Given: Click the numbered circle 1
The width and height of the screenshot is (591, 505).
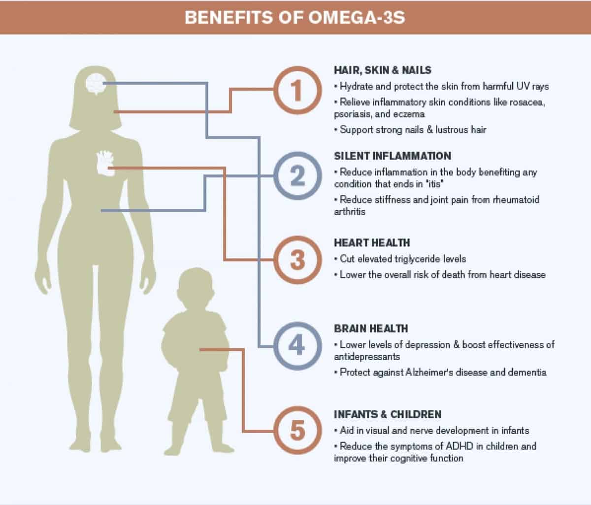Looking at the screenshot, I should (296, 91).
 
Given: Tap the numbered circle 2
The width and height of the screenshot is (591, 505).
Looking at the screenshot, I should (296, 176).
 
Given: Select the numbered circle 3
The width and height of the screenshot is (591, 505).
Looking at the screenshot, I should (296, 260).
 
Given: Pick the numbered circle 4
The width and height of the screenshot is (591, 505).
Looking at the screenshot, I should (296, 346).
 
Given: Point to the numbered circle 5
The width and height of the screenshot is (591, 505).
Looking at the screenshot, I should (296, 431).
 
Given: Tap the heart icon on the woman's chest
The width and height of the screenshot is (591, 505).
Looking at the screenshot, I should (105, 163).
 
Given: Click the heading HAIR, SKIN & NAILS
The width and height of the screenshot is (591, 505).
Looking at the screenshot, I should (382, 70).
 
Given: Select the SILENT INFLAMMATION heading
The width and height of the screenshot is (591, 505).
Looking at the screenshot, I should (392, 156).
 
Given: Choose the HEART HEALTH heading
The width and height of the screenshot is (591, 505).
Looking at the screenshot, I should (371, 243).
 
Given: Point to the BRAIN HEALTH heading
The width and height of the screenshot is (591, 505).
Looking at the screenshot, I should (370, 329).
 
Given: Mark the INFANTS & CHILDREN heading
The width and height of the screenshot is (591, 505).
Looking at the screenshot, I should (387, 414).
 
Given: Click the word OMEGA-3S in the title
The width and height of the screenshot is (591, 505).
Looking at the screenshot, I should (357, 17).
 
